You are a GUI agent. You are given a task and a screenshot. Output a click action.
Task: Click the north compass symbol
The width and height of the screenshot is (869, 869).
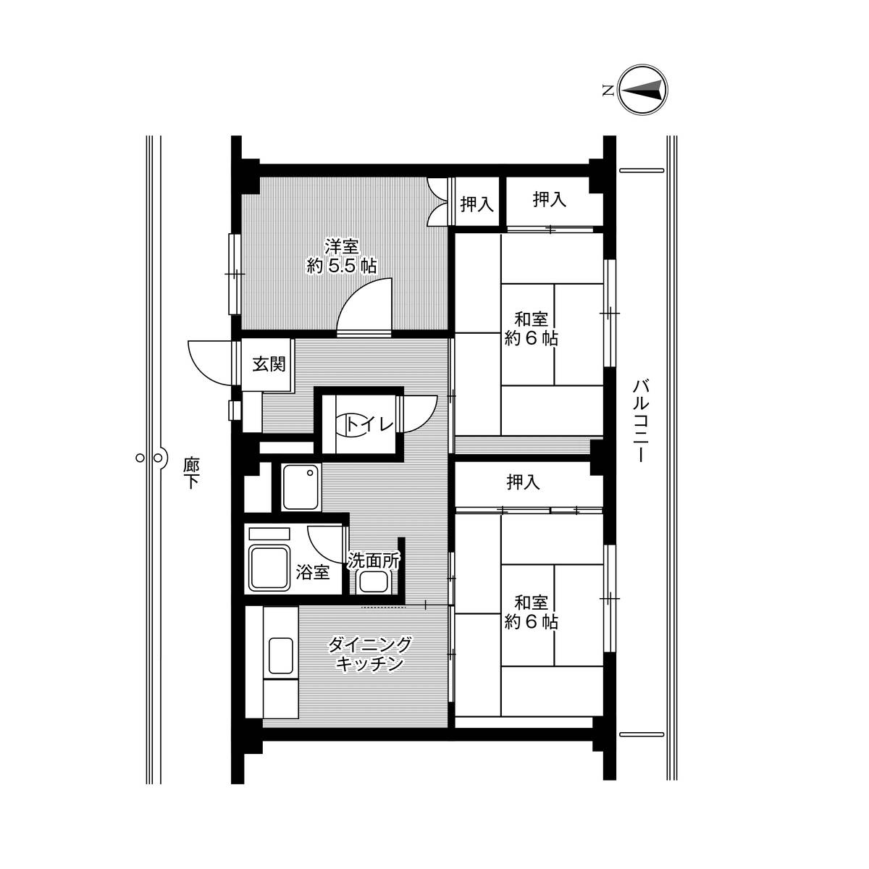[x=644, y=91]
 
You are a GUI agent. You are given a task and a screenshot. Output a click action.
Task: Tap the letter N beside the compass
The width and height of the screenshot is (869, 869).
[x=608, y=91]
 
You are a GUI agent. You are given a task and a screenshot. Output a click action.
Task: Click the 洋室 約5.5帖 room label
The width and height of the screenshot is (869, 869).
[x=341, y=256]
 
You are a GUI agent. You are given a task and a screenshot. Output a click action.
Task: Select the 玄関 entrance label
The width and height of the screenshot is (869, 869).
[x=268, y=364]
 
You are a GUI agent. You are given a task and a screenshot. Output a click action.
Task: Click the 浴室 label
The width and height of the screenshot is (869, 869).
[x=313, y=572]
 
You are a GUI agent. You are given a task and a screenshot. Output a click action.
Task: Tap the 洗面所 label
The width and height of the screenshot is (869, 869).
[x=374, y=560]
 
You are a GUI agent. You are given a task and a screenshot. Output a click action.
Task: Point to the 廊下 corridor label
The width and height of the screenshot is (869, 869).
[x=190, y=472]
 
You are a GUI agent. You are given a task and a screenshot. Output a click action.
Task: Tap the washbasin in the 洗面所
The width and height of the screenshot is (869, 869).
[x=375, y=582]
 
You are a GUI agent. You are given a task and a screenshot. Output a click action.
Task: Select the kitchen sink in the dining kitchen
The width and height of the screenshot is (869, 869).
[x=281, y=655]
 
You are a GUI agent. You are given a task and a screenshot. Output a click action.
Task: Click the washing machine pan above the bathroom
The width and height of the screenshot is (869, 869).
[x=300, y=487]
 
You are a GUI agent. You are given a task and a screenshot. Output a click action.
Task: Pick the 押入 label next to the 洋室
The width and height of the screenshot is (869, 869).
[x=477, y=205]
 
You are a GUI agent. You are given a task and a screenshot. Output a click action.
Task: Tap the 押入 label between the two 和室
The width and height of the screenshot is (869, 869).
[x=523, y=482]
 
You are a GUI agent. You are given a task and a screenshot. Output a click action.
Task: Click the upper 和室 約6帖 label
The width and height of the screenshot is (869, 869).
[x=531, y=329]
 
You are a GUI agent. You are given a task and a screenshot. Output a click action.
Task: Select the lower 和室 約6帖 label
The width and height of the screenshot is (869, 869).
[x=531, y=612]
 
